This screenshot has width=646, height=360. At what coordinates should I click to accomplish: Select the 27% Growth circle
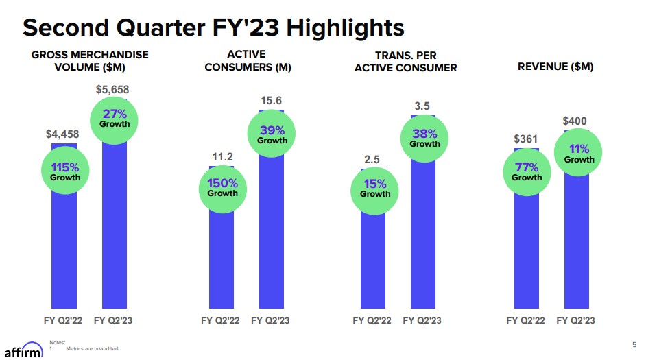[x=115, y=119]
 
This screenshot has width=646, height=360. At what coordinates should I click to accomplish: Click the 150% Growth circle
[x=223, y=187]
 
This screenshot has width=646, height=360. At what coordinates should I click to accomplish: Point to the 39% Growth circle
[x=272, y=134]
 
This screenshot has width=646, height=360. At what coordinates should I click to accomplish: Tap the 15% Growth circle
[x=375, y=188]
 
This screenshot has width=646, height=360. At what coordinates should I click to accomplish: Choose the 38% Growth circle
[x=424, y=138]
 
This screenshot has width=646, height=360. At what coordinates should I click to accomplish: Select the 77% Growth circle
[x=527, y=171]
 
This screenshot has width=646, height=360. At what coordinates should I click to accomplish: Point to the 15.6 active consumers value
[x=272, y=101]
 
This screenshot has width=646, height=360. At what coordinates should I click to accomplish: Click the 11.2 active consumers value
[x=222, y=157]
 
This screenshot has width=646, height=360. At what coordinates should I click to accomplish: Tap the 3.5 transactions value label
[x=422, y=106]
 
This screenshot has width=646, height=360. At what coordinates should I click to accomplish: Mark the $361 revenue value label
[x=526, y=139]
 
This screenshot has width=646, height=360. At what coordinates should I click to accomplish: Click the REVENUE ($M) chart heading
[x=555, y=67]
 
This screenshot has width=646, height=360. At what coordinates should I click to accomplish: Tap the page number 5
[x=634, y=344]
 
